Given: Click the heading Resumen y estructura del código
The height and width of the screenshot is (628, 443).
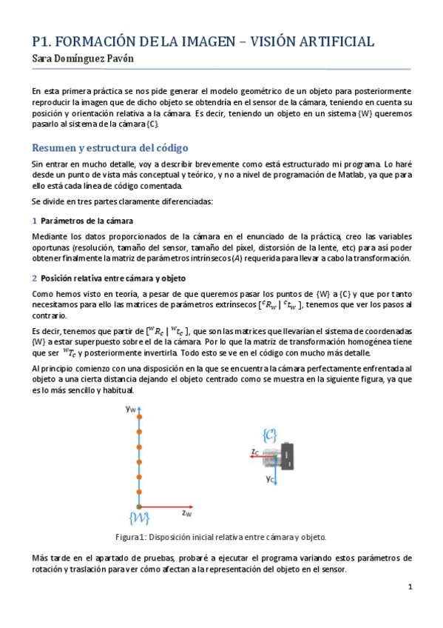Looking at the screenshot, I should click(101, 147).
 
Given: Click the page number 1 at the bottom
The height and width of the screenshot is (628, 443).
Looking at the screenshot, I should click(410, 587).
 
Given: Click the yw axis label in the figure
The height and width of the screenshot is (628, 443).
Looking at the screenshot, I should click(130, 408).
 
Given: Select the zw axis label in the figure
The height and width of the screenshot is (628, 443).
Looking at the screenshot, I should click(186, 512).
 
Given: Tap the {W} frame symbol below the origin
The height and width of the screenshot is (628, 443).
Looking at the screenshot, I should click(139, 517).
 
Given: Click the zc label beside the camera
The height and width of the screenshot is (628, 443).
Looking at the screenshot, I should click(255, 451).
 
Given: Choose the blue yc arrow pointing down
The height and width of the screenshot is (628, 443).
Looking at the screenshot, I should click(276, 468).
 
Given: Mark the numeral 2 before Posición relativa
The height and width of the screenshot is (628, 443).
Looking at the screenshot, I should click(34, 278).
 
